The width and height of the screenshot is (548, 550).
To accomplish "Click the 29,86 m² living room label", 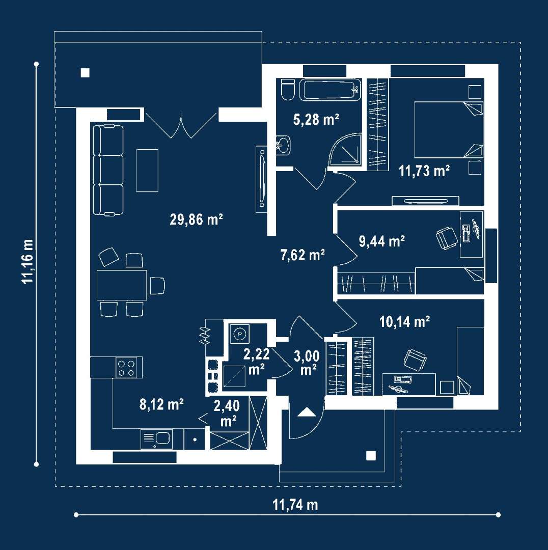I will click(197, 219).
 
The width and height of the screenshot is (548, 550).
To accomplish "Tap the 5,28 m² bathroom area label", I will click(316, 120).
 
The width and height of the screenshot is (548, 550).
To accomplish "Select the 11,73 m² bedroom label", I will click(424, 171).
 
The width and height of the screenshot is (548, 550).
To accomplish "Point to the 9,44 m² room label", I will click(382, 241).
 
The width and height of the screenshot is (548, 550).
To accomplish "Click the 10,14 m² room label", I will click(405, 321).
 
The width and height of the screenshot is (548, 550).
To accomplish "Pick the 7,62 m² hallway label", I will click(303, 255).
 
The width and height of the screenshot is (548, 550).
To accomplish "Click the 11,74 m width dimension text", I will click(295, 505).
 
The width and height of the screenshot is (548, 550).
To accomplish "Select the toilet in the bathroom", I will click(287, 90).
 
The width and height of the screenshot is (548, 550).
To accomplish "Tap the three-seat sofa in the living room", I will click(108, 170).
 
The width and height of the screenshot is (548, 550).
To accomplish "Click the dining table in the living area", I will click(121, 285).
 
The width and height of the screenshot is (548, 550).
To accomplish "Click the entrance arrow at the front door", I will click(306, 412).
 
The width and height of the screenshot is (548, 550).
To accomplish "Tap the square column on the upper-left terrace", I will click(85, 73).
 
